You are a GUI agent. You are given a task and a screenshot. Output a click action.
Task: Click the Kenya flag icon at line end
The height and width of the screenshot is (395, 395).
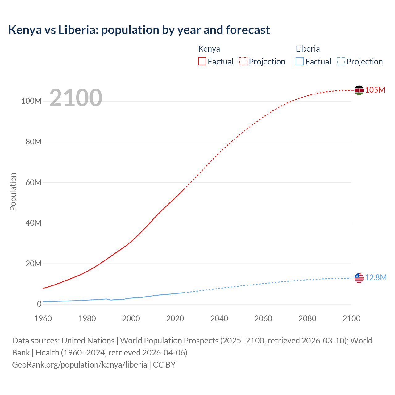(x=359, y=90)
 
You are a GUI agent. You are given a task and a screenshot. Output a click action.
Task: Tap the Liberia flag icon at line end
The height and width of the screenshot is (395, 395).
(x=359, y=278)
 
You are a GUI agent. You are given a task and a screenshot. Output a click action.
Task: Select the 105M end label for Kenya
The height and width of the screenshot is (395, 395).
(x=375, y=90)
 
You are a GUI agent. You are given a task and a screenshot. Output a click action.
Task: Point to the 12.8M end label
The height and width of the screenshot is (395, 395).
(x=376, y=277)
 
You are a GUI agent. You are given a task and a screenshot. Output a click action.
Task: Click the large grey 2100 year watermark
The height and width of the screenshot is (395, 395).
(x=76, y=98)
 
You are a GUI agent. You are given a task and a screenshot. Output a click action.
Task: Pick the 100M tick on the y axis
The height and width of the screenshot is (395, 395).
(x=31, y=101)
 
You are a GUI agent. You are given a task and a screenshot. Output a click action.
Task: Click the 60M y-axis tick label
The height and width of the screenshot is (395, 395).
(x=33, y=182)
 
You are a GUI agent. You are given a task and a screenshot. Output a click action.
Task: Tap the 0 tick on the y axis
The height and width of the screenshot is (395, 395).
(x=39, y=304)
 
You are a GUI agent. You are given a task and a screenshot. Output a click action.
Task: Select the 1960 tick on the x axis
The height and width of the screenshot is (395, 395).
(x=43, y=318)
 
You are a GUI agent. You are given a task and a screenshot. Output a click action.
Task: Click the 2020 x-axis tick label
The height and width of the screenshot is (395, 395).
(x=175, y=318)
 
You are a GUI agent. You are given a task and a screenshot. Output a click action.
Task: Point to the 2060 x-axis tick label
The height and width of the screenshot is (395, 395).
(x=263, y=318)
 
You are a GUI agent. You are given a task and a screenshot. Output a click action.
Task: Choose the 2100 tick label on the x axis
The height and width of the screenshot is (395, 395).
(x=351, y=318)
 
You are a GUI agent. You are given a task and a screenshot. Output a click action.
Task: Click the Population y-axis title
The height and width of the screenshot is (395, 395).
(x=13, y=192)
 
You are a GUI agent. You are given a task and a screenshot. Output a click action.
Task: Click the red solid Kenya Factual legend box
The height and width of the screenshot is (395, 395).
(x=202, y=61)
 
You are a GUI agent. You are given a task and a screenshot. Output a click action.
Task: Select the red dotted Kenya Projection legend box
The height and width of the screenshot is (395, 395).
(x=243, y=61)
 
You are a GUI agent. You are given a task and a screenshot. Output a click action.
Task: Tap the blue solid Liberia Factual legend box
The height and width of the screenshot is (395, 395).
(x=300, y=61)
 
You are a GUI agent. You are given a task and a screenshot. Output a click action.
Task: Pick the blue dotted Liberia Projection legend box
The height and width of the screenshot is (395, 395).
(x=341, y=61)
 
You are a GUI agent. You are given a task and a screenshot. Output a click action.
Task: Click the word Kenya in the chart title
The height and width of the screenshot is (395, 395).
(x=25, y=30)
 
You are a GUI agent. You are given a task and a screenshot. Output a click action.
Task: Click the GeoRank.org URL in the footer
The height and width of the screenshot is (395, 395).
(x=80, y=365)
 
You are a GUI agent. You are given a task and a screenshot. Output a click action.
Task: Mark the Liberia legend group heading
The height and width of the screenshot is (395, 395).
(x=308, y=49)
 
